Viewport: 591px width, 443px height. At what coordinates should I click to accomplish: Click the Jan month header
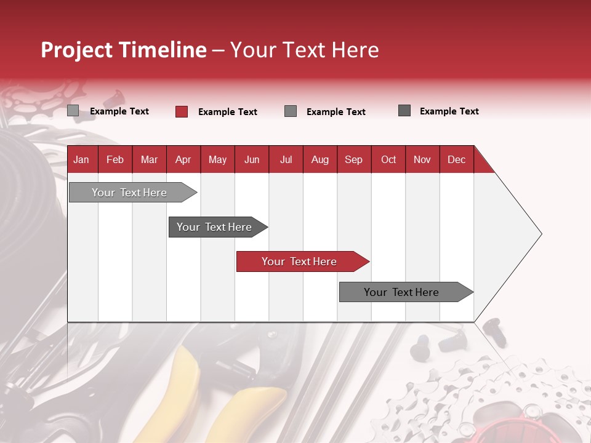point(82,159)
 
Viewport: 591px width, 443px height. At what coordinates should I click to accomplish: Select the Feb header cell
point(115,159)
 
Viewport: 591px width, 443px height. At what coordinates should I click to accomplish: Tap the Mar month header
point(149,159)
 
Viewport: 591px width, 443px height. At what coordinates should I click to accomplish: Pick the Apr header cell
point(183,159)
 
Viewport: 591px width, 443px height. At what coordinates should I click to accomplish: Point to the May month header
point(217,159)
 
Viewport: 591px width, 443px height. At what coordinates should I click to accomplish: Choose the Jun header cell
point(252,159)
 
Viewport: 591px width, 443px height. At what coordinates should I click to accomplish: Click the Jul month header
point(286,159)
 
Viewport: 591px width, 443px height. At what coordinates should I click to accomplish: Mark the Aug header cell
point(320,159)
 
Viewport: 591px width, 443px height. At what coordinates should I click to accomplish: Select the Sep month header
point(354,159)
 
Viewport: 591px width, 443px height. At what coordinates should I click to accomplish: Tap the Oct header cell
point(388,159)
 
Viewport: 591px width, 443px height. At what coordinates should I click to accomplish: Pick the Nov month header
point(422,159)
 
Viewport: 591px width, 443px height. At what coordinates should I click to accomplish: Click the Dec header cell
point(457,159)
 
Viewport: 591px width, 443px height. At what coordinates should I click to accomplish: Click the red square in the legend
point(182,111)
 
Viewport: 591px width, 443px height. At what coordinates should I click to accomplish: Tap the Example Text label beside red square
point(227,112)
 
